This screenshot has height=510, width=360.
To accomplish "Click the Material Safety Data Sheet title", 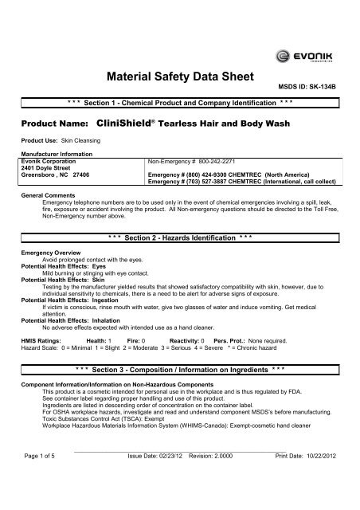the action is pos(180,77).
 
